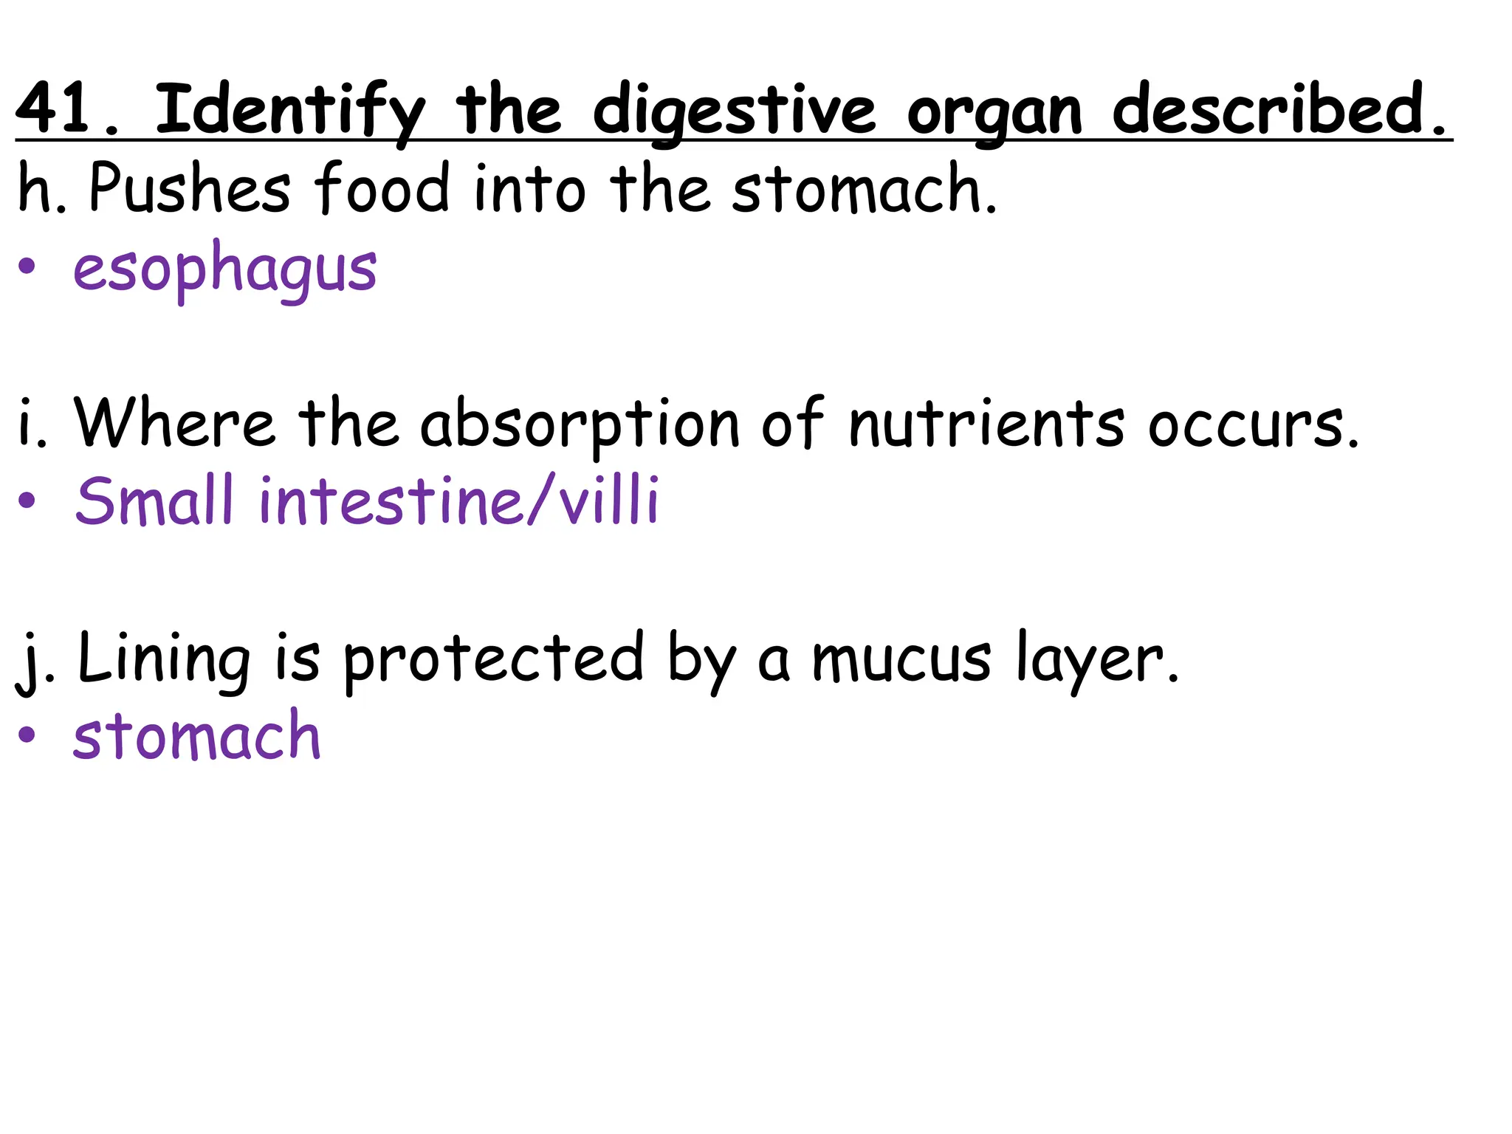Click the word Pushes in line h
(190, 188)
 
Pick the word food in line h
(382, 188)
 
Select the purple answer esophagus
(224, 269)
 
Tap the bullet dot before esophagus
(27, 267)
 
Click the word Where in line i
(174, 422)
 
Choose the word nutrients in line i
(986, 424)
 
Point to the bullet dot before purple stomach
(27, 735)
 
